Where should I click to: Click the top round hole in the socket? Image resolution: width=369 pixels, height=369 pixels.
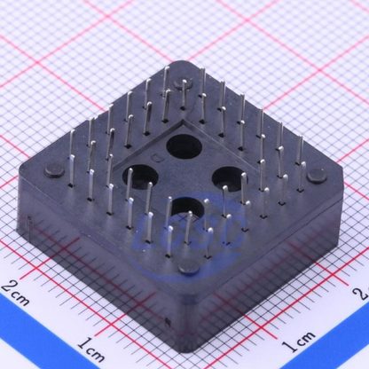pos(184,145)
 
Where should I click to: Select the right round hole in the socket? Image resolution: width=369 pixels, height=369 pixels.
pos(230,178)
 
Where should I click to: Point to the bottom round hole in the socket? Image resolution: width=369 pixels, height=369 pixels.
pos(189,208)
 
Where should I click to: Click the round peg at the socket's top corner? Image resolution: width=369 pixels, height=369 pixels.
pos(184,82)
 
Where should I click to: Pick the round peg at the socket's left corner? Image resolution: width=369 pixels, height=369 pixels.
pos(55,171)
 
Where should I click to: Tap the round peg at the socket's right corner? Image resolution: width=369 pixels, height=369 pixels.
pos(317,176)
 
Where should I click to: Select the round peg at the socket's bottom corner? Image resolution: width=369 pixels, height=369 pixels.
pos(188,267)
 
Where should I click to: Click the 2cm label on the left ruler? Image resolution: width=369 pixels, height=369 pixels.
pos(16,294)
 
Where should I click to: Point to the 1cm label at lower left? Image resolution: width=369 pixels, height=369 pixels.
pos(92,349)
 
